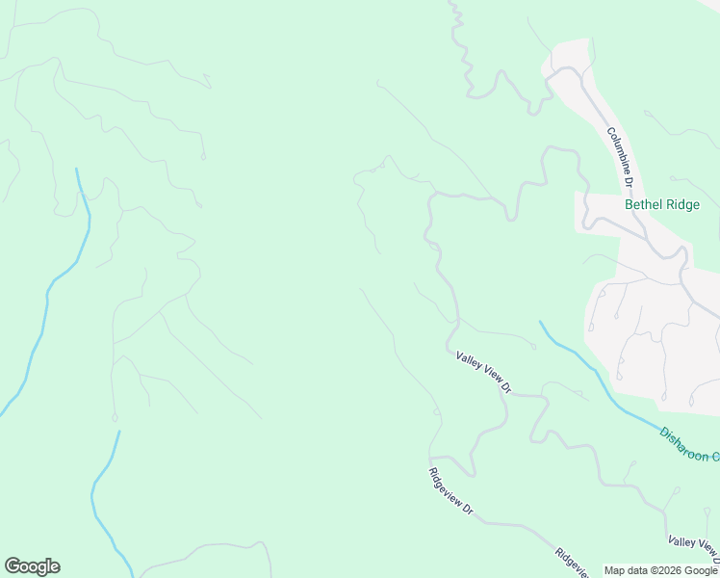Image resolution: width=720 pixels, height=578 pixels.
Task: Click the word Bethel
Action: (643, 204)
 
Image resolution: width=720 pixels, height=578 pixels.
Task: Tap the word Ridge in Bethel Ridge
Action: (682, 204)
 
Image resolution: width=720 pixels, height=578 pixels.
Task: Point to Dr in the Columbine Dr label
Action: (627, 180)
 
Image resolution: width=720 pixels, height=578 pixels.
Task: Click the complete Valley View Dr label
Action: (483, 372)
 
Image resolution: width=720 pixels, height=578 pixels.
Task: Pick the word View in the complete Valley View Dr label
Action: (488, 375)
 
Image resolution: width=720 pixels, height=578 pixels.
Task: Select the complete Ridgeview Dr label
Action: (451, 489)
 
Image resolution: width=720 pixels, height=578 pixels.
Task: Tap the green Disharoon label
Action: (683, 445)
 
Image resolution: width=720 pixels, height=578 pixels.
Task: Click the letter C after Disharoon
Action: (715, 457)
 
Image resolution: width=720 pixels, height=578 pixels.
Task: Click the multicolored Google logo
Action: (32, 566)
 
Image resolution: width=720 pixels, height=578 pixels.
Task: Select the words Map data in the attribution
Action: (627, 571)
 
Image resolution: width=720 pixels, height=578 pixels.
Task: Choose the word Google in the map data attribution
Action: (701, 571)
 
